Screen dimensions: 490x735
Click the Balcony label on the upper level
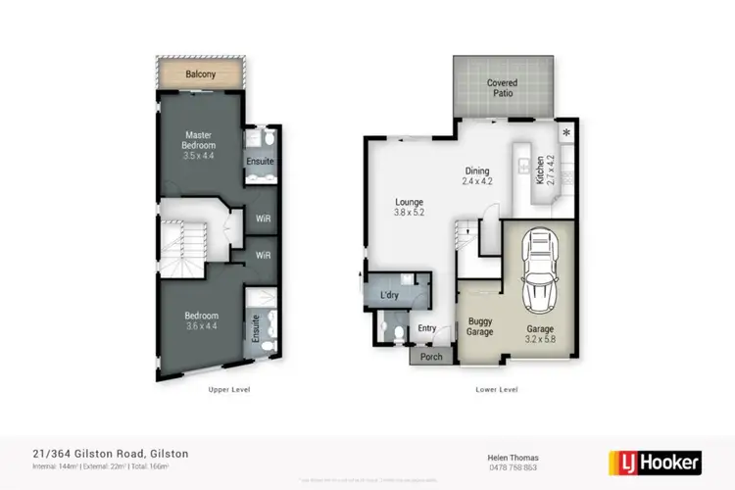click(201, 73)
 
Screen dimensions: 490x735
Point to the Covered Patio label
click(503, 88)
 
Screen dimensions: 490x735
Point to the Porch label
click(431, 357)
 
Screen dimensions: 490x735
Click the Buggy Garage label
click(479, 326)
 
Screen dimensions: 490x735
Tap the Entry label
click(427, 328)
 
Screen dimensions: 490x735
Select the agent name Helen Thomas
click(513, 456)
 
